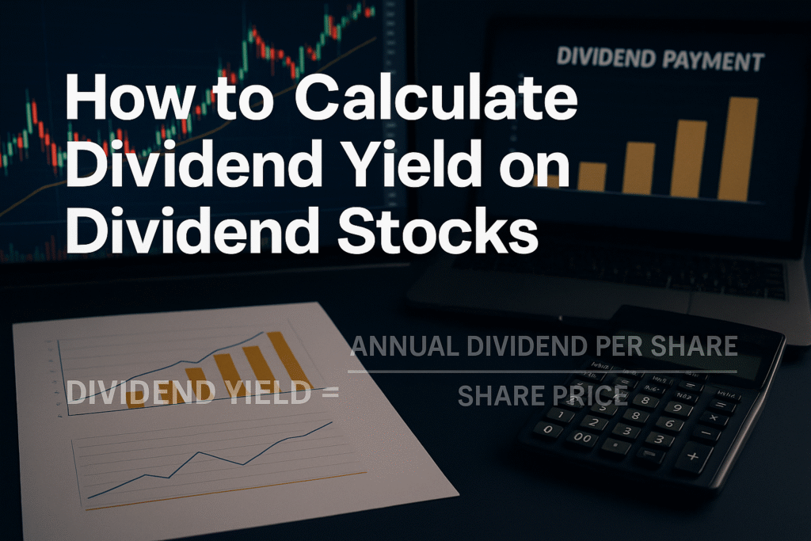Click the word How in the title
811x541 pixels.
click(x=120, y=102)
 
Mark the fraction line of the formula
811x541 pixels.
click(x=543, y=371)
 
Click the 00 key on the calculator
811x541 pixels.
click(x=582, y=437)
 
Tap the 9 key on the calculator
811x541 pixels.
click(x=677, y=408)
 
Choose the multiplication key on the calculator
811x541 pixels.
click(x=713, y=418)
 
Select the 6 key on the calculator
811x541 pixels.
click(x=670, y=424)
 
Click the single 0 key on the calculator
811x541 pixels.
click(x=548, y=429)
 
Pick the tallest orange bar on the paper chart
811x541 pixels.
click(x=286, y=360)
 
